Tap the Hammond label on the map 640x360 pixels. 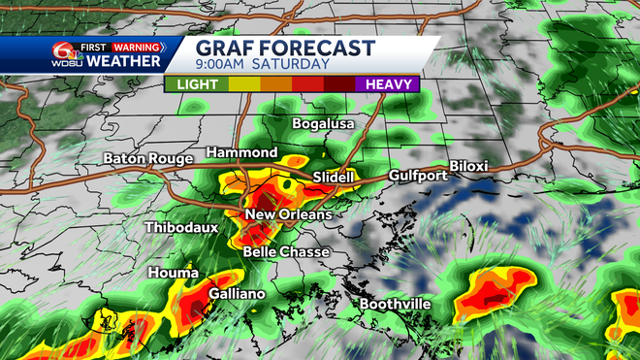(x=242, y=153)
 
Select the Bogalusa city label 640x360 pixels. (x=324, y=124)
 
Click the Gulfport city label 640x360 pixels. (x=418, y=176)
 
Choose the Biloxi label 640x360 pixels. (x=468, y=166)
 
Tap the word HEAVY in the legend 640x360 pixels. (x=386, y=84)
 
